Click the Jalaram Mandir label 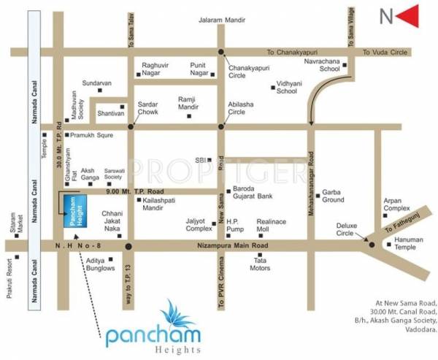[220, 22]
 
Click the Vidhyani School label [287, 88]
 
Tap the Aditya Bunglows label [101, 264]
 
